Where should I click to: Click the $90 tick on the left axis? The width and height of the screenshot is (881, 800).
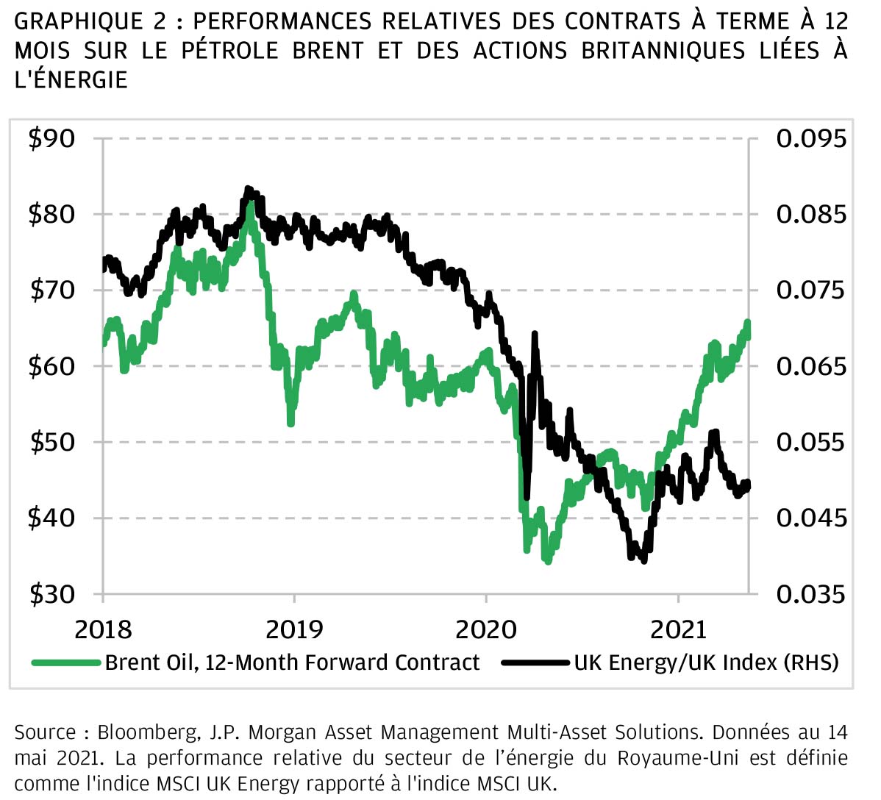(51, 138)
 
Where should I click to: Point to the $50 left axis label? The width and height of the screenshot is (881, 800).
(51, 442)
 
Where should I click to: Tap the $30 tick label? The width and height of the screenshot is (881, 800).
(51, 593)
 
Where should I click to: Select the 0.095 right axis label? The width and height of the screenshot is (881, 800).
(811, 138)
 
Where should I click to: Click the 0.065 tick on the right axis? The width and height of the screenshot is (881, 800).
(811, 366)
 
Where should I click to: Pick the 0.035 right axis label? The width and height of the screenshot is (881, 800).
(811, 593)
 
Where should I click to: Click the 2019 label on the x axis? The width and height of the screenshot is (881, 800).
(294, 629)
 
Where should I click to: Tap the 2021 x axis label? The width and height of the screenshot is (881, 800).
(678, 629)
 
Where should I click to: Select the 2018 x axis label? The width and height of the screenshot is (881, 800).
(103, 629)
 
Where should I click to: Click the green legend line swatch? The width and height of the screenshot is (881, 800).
(66, 662)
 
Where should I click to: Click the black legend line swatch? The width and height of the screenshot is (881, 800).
(535, 662)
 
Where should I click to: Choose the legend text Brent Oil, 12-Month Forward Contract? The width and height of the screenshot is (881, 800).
(292, 662)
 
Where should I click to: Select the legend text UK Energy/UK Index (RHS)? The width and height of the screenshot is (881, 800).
(706, 662)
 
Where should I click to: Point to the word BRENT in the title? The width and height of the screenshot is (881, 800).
(327, 51)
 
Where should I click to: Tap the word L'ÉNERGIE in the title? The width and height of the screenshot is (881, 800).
(71, 79)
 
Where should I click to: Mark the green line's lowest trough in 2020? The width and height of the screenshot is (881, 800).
(547, 560)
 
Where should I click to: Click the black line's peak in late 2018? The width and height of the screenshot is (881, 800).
(249, 190)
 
